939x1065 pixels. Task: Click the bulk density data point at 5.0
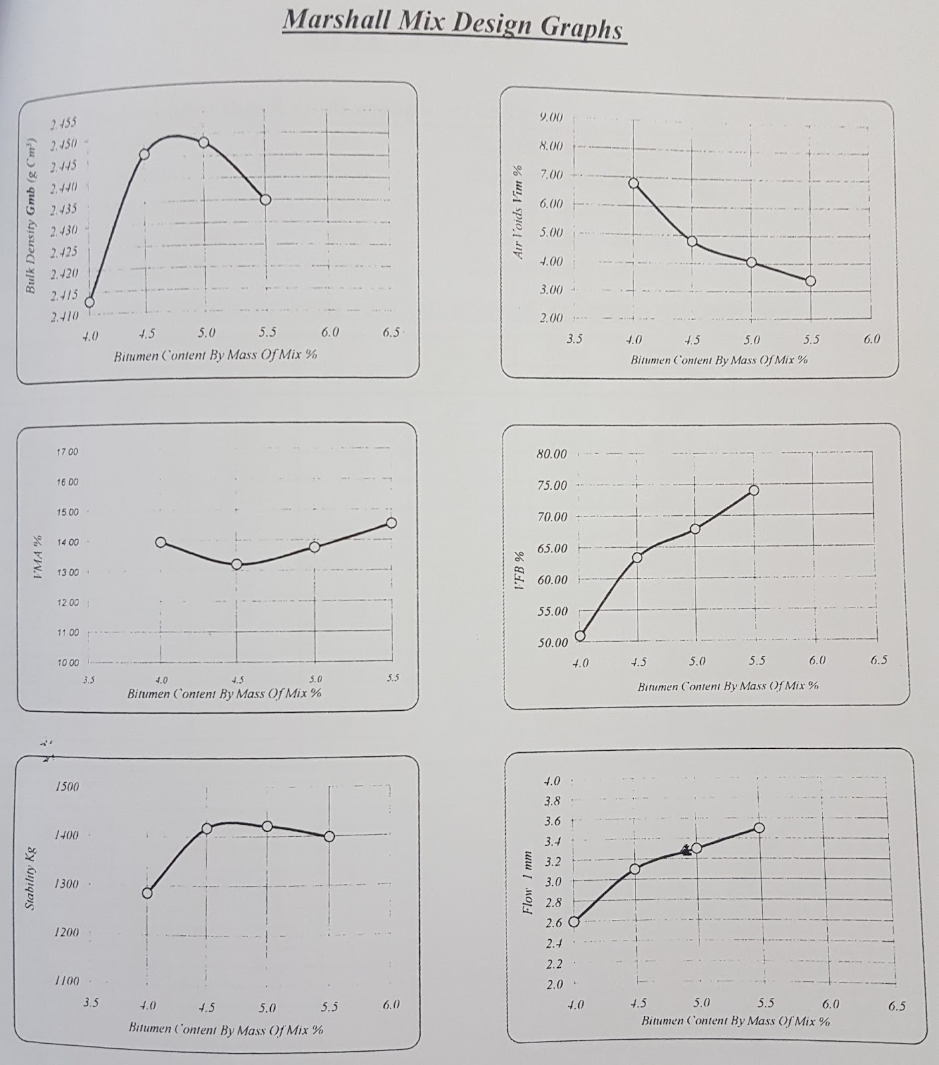(204, 142)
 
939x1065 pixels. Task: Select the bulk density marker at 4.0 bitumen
(89, 302)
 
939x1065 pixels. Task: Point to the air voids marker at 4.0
(634, 183)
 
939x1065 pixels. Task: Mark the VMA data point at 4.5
(236, 564)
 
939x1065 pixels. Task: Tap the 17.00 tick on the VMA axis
(68, 452)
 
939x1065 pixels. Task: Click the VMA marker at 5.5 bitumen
(391, 523)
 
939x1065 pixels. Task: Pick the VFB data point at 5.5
(753, 490)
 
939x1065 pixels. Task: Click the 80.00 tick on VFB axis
(551, 454)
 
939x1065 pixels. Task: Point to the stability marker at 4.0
(147, 893)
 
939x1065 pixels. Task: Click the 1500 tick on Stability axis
(67, 787)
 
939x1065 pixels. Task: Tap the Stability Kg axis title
(31, 879)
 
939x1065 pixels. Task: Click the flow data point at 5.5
(759, 827)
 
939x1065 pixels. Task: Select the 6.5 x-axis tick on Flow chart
(896, 1006)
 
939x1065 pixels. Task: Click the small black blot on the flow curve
(686, 849)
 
